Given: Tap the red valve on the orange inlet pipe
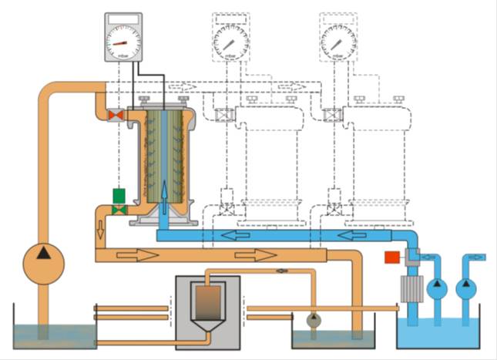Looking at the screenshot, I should pyautogui.click(x=116, y=116).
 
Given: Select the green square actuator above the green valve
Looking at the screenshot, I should pyautogui.click(x=119, y=196).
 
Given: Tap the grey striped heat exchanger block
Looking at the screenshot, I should pyautogui.click(x=408, y=292).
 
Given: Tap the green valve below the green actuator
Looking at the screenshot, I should pyautogui.click(x=119, y=210).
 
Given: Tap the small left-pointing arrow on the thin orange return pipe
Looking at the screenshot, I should pyautogui.click(x=282, y=271).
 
